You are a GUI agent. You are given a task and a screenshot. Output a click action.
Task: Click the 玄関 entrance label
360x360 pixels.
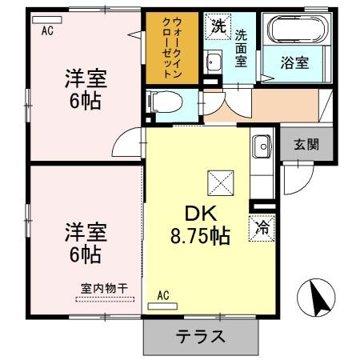(306, 145)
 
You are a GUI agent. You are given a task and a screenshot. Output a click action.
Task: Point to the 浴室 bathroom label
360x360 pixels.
(296, 62)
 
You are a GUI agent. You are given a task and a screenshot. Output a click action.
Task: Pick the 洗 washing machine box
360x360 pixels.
(218, 26)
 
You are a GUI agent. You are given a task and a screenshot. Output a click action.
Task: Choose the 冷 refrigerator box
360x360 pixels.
(262, 226)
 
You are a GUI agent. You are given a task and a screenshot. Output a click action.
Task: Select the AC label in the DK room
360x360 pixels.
(163, 294)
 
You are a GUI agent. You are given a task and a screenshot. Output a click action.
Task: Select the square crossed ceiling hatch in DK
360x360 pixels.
(220, 182)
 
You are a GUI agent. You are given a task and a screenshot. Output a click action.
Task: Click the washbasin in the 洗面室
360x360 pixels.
(213, 62)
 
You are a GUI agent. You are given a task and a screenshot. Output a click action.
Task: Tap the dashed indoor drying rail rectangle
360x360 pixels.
(104, 299)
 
